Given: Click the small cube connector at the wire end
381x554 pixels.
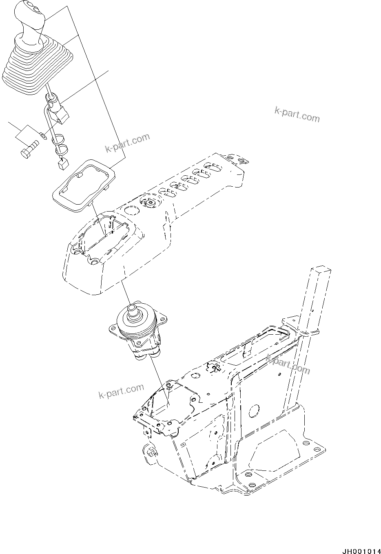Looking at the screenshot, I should click(x=62, y=164).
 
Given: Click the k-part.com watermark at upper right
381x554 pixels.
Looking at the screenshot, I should click(x=297, y=115).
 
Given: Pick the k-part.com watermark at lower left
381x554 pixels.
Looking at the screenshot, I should click(x=122, y=391).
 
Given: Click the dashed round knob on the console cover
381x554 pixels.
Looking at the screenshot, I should click(x=150, y=202).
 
